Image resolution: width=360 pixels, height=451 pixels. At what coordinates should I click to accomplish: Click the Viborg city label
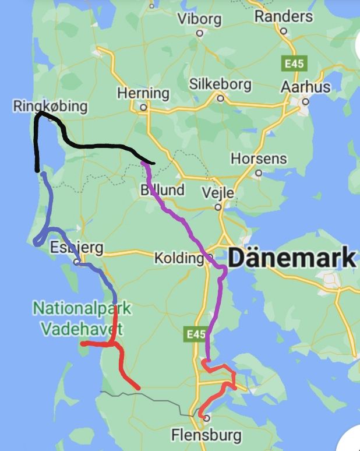199,19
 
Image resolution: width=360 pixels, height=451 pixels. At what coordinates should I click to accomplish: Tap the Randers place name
283,16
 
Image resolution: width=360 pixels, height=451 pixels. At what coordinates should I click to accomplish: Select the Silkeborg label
220,84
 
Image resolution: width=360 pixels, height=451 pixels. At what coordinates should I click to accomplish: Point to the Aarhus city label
305,87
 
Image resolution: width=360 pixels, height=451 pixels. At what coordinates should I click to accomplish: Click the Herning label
143,93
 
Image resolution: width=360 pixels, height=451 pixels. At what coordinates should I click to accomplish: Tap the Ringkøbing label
50,106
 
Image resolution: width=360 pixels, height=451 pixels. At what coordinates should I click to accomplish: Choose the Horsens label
259,158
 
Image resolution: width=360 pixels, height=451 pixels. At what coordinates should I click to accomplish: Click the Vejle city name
217,192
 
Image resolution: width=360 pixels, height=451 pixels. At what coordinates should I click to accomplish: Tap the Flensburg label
206,435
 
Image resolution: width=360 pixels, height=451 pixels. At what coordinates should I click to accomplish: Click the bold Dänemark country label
291,257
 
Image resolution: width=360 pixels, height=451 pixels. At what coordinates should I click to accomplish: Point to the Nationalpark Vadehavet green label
82,318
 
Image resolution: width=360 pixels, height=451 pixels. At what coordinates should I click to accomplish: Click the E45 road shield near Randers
291,62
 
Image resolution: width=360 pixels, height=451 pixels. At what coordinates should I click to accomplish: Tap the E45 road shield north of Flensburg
196,334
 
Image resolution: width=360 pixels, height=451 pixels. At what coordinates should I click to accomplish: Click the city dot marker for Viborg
199,33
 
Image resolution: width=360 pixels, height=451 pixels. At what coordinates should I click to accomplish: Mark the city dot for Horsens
259,173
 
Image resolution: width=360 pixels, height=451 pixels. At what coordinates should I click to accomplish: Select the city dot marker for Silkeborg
220,98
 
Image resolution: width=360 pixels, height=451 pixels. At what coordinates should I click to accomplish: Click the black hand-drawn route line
93,145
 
